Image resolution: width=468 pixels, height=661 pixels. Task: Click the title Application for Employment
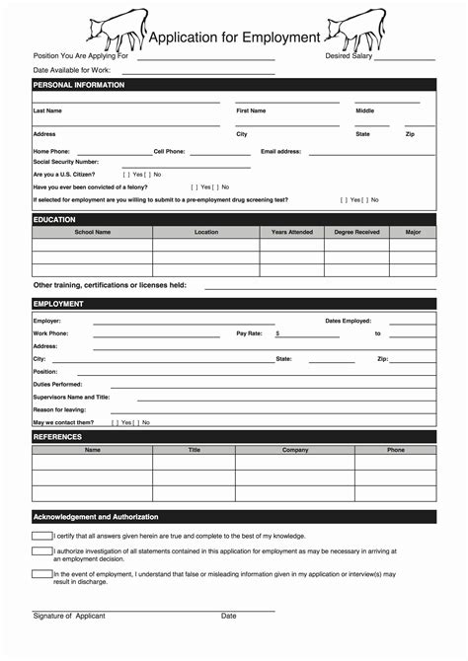coord(234,37)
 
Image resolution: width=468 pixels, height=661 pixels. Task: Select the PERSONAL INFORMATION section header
coord(79,85)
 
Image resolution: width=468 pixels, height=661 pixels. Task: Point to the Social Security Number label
coord(66,162)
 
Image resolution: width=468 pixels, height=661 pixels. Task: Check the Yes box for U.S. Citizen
coord(126,174)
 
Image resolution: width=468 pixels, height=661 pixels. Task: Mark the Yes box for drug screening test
coord(347,199)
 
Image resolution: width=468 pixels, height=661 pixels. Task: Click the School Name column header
coord(93,232)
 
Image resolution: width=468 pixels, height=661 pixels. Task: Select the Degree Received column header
coord(356,232)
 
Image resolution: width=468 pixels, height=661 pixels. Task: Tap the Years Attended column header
coord(292,232)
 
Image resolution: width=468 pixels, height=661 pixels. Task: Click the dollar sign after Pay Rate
coord(277,333)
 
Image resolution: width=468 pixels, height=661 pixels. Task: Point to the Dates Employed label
coord(348,321)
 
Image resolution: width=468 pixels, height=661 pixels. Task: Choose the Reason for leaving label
coord(59,409)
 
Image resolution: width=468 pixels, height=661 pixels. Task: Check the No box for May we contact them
coord(139,422)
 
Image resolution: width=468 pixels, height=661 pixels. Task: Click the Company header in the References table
coord(295,450)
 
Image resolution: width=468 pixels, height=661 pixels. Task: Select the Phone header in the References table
coord(395,450)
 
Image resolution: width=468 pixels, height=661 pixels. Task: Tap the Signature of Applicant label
coord(69,616)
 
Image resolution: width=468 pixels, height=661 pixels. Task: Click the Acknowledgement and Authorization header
coord(96,516)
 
